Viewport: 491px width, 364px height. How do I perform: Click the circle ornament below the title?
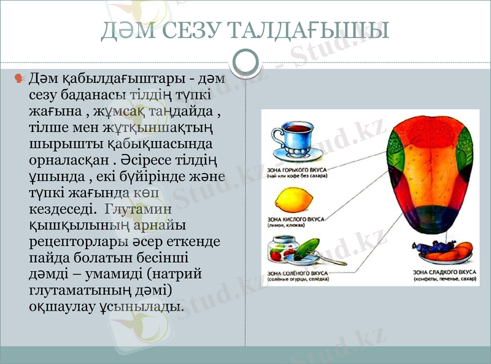click(x=246, y=62)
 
